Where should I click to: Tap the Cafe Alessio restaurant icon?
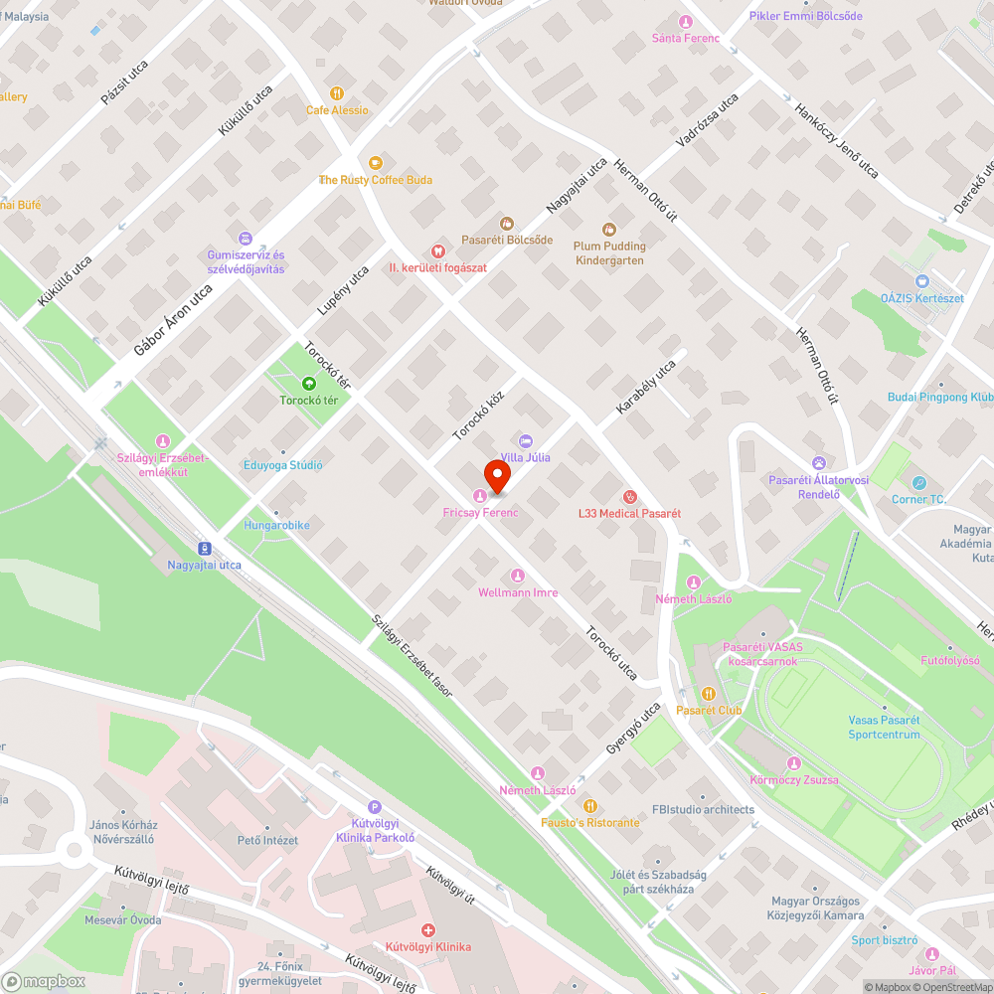point(337,93)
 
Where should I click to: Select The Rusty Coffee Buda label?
point(375,180)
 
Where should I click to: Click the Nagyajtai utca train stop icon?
point(204,548)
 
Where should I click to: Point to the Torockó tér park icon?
point(308,383)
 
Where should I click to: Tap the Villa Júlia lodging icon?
point(526,440)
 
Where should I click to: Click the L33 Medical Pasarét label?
point(630,513)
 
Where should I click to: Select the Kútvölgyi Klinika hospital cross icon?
point(428,930)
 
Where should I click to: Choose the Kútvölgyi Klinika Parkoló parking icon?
point(374,808)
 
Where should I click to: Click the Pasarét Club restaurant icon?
point(709,694)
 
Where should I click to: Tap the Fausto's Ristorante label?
point(590,822)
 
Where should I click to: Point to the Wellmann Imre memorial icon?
point(517,576)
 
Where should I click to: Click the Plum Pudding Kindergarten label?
point(609,253)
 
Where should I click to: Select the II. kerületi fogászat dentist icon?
point(436,251)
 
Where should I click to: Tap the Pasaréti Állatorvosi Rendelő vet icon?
point(818,463)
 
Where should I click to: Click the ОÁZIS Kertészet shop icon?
point(921,281)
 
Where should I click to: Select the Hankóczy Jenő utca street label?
point(836,140)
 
